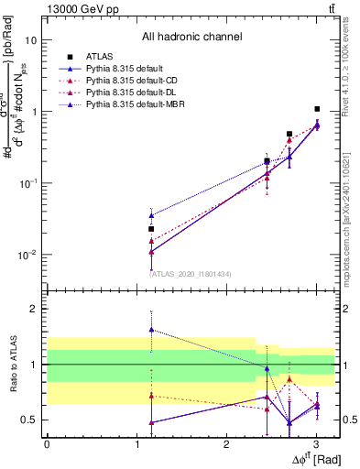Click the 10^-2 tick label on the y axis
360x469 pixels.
(27, 255)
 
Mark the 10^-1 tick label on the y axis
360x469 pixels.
(27, 183)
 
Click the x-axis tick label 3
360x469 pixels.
(316, 444)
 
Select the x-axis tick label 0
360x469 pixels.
(47, 444)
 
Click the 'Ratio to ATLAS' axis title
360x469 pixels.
(11, 365)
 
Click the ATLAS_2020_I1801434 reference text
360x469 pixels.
(190, 273)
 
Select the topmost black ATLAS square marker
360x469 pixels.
(317, 109)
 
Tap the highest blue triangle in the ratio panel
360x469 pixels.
(151, 329)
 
